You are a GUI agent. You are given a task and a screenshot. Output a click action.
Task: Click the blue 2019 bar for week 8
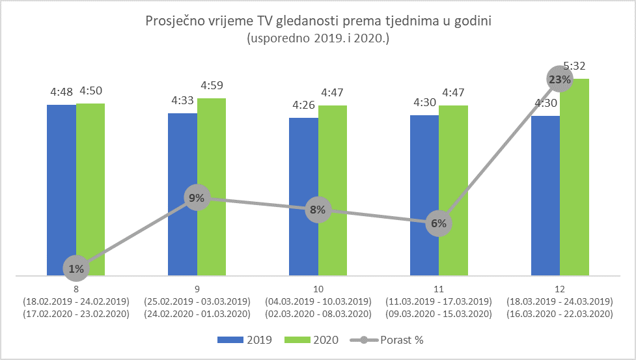pyautogui.click(x=61, y=189)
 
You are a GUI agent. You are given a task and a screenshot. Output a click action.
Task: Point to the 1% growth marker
pyautogui.click(x=76, y=268)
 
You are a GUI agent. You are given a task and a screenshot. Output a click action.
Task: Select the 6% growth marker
pyautogui.click(x=439, y=223)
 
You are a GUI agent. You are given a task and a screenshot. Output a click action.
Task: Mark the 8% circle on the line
pyautogui.click(x=318, y=210)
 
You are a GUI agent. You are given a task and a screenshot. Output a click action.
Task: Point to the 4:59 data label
pyautogui.click(x=212, y=85)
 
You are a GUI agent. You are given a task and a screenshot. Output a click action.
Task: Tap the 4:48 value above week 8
pyautogui.click(x=61, y=92)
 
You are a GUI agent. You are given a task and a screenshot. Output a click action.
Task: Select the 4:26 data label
pyautogui.click(x=303, y=105)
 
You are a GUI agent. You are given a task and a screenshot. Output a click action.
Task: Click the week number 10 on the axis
pyautogui.click(x=318, y=288)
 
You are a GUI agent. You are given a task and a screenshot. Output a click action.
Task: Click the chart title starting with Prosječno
pyautogui.click(x=318, y=21)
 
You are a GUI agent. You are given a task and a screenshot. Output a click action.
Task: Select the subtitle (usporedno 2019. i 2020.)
pyautogui.click(x=318, y=38)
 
